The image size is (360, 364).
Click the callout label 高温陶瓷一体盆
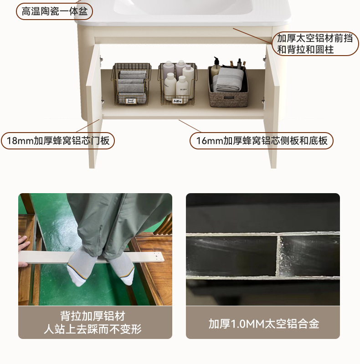(54, 11)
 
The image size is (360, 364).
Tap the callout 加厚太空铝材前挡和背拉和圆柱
(315, 44)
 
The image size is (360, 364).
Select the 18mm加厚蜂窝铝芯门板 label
(58, 141)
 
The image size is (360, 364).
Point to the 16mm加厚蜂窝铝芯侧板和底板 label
(262, 141)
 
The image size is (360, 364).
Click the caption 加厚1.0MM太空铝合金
(264, 323)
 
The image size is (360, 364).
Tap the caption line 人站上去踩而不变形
(93, 329)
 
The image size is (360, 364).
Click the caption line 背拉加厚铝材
(93, 316)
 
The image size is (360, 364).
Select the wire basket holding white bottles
(178, 83)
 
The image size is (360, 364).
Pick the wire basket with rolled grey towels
(131, 83)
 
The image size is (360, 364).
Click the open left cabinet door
(94, 106)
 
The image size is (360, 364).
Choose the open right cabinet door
(273, 106)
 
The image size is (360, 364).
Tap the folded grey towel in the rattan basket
(229, 79)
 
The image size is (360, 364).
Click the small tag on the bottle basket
(178, 101)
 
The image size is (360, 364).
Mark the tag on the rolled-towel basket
(130, 101)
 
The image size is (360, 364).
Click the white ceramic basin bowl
(184, 7)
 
